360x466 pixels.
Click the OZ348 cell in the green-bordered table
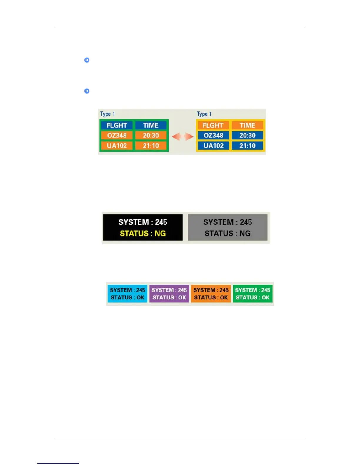tap(117, 135)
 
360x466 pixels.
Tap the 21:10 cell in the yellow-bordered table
tap(247, 146)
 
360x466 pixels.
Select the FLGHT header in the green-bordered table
tap(117, 125)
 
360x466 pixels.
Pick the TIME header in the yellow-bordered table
tap(247, 125)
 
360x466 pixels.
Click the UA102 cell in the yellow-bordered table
tap(214, 146)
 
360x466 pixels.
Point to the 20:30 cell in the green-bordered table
tap(151, 135)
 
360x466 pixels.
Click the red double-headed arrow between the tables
tap(183, 137)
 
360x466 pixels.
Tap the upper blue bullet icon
tap(87, 60)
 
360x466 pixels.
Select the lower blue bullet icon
tap(87, 91)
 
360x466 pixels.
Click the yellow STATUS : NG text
tap(143, 233)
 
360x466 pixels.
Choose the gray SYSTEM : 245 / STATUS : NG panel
tap(228, 227)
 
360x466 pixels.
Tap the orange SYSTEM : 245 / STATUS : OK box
tap(211, 294)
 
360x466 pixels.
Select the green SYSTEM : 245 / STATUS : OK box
tap(253, 294)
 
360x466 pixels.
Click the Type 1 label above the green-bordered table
tap(107, 114)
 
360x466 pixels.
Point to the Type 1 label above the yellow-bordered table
tap(204, 114)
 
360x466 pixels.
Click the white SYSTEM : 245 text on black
tap(143, 222)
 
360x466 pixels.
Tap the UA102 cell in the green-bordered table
tap(117, 146)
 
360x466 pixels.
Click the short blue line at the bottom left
tap(58, 463)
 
